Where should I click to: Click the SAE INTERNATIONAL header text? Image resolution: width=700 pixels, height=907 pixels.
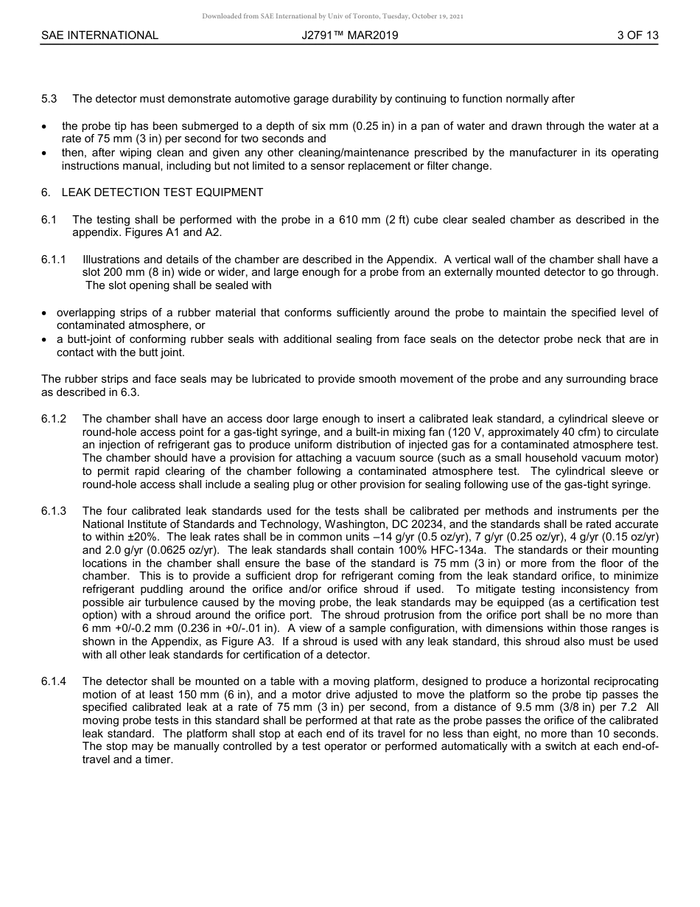point(99,35)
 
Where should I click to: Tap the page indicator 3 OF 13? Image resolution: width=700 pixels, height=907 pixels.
point(637,35)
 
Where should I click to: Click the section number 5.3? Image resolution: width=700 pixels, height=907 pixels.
point(49,99)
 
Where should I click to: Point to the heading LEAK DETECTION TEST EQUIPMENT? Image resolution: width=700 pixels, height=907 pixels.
point(162,192)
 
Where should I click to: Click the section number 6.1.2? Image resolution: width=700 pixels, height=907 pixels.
point(54,419)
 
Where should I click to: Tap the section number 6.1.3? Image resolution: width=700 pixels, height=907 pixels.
point(54,511)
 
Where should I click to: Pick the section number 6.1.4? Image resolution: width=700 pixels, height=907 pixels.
point(54,681)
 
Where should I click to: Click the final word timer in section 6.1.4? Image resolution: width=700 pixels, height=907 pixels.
point(156,760)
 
